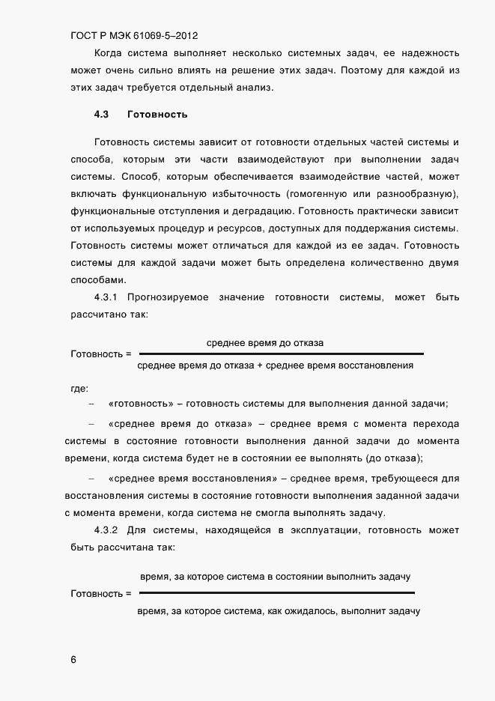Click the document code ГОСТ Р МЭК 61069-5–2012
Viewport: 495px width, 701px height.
coord(134,35)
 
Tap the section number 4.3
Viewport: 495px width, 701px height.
coord(102,115)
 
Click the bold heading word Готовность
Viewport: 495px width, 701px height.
coord(157,115)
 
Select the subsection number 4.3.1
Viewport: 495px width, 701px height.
coord(106,298)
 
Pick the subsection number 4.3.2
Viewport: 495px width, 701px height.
coord(106,531)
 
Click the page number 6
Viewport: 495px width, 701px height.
coord(73,660)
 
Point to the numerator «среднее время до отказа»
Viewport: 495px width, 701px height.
coord(265,342)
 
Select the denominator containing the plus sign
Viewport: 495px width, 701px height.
coord(276,366)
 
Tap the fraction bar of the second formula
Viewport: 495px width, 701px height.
coord(277,593)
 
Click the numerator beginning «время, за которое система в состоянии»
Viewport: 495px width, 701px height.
coord(275,577)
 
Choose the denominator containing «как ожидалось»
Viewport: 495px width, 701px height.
coord(279,611)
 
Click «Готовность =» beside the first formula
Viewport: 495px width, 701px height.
coord(100,353)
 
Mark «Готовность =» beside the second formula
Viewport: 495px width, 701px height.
coord(100,594)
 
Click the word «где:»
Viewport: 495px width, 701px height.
coord(79,388)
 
